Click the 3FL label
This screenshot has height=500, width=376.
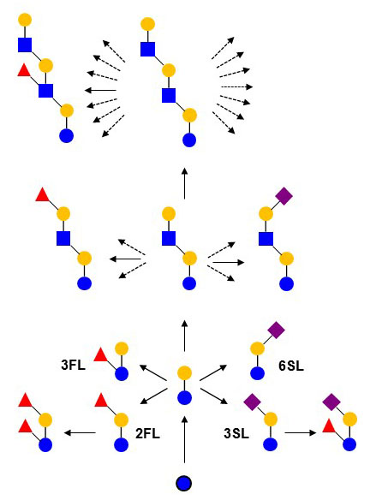pyautogui.click(x=74, y=365)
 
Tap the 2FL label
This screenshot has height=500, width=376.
pyautogui.click(x=147, y=434)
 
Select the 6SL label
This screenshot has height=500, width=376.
pyautogui.click(x=291, y=366)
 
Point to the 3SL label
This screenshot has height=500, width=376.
pyautogui.click(x=236, y=434)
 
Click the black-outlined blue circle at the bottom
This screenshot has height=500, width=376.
pyautogui.click(x=184, y=483)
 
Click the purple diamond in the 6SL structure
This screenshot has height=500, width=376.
pyautogui.click(x=276, y=330)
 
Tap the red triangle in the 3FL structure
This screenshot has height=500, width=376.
pyautogui.click(x=101, y=355)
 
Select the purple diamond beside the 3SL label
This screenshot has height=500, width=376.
pyautogui.click(x=253, y=402)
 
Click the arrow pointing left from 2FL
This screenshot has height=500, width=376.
pyautogui.click(x=80, y=432)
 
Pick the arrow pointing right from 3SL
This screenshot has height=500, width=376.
pyautogui.click(x=301, y=432)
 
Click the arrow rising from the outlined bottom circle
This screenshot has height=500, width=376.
pyautogui.click(x=184, y=439)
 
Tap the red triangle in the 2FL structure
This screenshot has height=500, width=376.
pyautogui.click(x=101, y=400)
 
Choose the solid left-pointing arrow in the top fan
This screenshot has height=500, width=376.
pyautogui.click(x=100, y=91)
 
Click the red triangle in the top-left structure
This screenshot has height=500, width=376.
pyautogui.click(x=24, y=70)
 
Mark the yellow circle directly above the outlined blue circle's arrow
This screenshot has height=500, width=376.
pyautogui.click(x=184, y=373)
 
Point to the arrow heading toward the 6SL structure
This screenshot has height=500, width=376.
pyautogui.click(x=213, y=372)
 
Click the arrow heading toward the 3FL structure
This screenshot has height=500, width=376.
pyautogui.click(x=153, y=372)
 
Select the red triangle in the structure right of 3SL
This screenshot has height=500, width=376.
pyautogui.click(x=329, y=426)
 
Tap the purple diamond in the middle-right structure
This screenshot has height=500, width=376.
pyautogui.click(x=283, y=196)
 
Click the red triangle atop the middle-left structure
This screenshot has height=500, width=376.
pyautogui.click(x=42, y=195)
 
